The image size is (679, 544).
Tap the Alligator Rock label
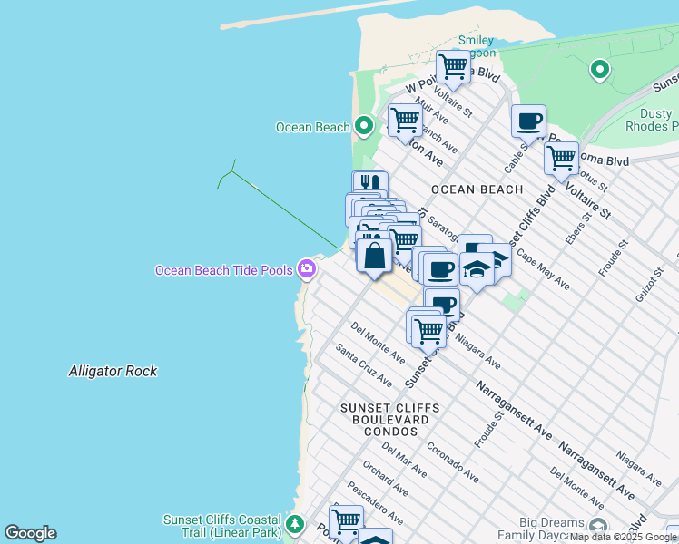pyautogui.click(x=113, y=371)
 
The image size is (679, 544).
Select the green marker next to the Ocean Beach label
pyautogui.click(x=364, y=126)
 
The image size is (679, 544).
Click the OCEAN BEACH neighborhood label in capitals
pyautogui.click(x=477, y=189)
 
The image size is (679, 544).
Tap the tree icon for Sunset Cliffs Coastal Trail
pyautogui.click(x=294, y=524)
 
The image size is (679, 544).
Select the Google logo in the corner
pyautogui.click(x=30, y=533)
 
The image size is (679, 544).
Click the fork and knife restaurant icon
pyautogui.click(x=369, y=186)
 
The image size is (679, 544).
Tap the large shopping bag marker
pyautogui.click(x=374, y=257)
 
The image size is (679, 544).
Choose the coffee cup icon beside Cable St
pyautogui.click(x=528, y=121)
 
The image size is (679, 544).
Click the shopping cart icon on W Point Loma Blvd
pyautogui.click(x=452, y=66)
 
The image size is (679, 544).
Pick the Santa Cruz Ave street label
pyautogui.click(x=363, y=364)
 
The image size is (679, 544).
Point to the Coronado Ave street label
pyautogui.click(x=452, y=462)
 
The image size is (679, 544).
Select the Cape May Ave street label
pyautogui.click(x=542, y=269)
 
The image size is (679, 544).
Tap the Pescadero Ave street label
pyautogui.click(x=375, y=504)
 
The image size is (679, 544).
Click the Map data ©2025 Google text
pyautogui.click(x=623, y=537)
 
